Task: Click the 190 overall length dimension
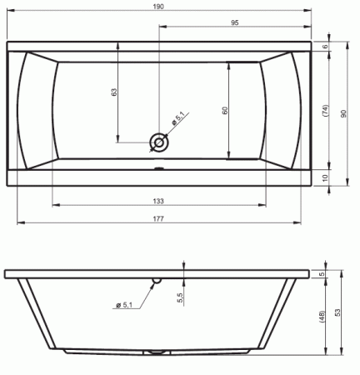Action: pyautogui.click(x=158, y=7)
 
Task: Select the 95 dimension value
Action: pyautogui.click(x=235, y=22)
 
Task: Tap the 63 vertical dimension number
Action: pyautogui.click(x=114, y=92)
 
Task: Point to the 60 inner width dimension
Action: pyautogui.click(x=225, y=110)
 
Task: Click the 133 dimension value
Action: pyautogui.click(x=158, y=201)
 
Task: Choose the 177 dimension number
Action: pyautogui.click(x=158, y=219)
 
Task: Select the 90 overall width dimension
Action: pyautogui.click(x=343, y=113)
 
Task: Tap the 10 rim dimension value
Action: pyautogui.click(x=326, y=177)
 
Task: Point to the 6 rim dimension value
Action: pyautogui.click(x=326, y=47)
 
